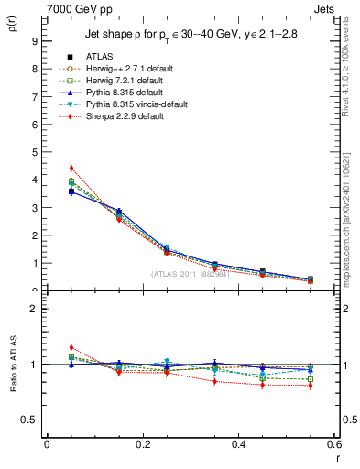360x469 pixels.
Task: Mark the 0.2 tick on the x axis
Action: [143, 444]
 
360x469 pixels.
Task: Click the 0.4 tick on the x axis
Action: [239, 444]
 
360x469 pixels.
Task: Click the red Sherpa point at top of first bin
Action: [71, 169]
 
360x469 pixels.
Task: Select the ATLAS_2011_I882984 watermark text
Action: [190, 274]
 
